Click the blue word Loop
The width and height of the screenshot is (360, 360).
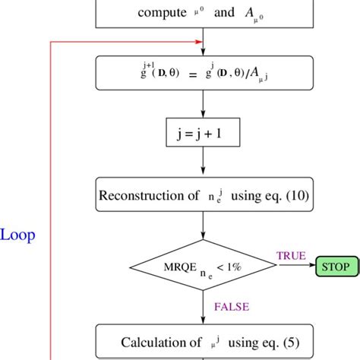(x=17, y=235)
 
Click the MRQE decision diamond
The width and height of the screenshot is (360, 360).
(x=203, y=267)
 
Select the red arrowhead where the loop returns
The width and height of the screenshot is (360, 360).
(x=200, y=42)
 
